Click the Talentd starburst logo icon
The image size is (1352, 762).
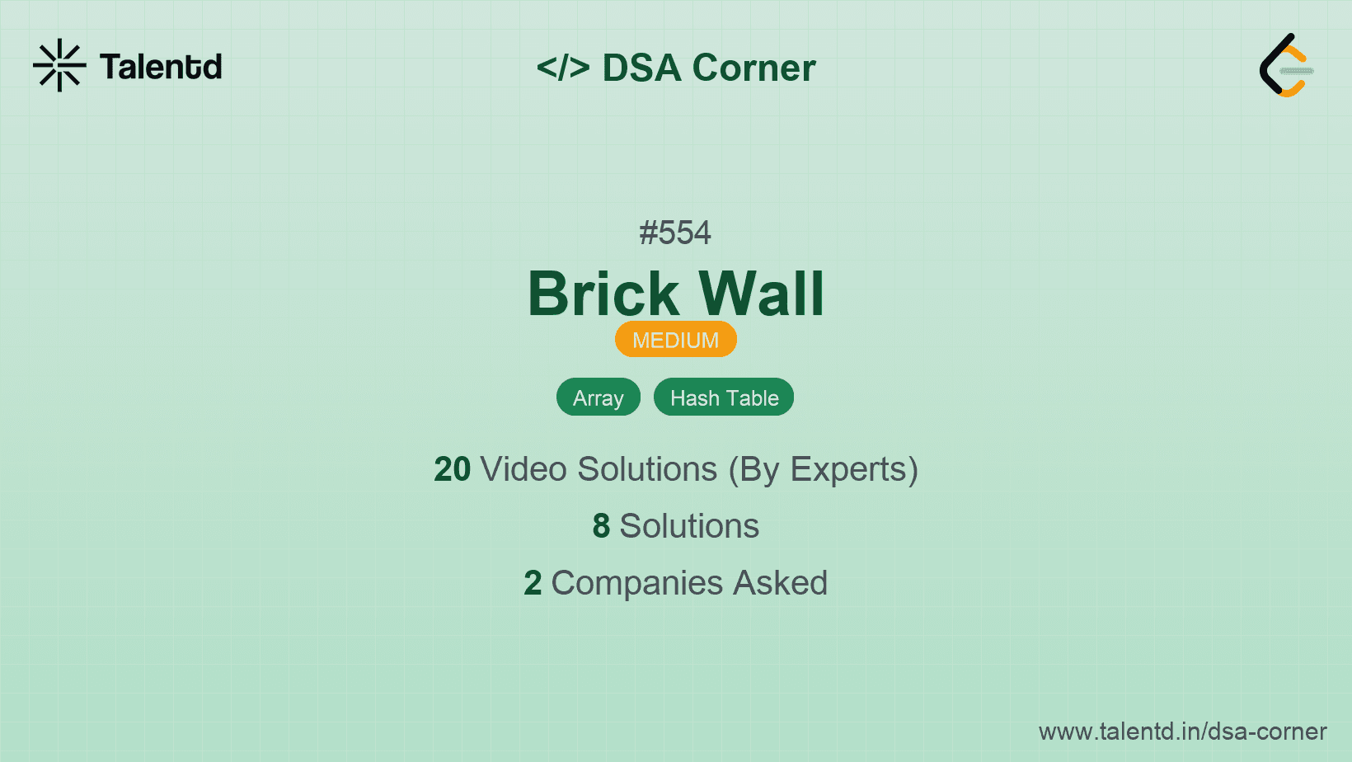point(59,65)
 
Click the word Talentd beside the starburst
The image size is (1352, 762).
point(161,67)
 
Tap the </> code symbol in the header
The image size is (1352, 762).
point(563,67)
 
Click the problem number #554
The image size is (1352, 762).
point(675,233)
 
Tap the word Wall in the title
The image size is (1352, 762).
point(761,294)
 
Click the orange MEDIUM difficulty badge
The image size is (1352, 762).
point(676,339)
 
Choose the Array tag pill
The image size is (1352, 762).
point(599,397)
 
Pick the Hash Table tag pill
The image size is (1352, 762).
point(724,397)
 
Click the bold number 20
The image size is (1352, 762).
point(452,469)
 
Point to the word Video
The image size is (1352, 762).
point(523,469)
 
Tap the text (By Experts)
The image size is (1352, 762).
point(824,470)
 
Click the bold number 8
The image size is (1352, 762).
point(601,526)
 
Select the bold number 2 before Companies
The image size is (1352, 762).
point(533,583)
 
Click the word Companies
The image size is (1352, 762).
point(637,584)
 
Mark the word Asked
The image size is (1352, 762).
point(781,583)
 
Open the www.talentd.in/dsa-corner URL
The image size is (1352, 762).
point(1182,731)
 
